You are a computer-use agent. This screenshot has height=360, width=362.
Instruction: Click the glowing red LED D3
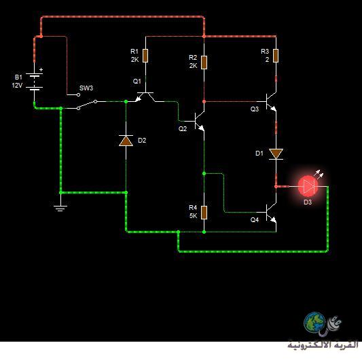(x=308, y=186)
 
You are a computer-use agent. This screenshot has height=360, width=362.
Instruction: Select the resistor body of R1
(x=145, y=56)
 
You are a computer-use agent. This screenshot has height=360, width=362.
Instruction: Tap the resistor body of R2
(x=204, y=62)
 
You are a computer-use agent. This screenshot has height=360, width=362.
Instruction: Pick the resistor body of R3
(x=276, y=56)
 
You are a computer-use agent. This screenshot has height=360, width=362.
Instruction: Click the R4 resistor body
(x=204, y=213)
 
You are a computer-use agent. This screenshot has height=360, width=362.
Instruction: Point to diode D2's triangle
(x=126, y=141)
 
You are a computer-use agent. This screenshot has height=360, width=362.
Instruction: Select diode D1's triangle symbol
(x=276, y=154)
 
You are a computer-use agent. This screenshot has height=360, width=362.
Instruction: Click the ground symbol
(x=60, y=209)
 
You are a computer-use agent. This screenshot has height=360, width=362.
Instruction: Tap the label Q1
(x=137, y=82)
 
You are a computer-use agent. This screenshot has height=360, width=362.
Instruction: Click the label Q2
(x=183, y=128)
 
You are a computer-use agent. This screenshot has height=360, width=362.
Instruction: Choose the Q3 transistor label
(x=255, y=109)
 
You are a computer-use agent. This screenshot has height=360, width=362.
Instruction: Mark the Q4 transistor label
(x=255, y=220)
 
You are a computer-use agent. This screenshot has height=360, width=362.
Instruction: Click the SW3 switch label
(x=86, y=88)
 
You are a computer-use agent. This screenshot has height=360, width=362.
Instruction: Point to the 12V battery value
(x=17, y=86)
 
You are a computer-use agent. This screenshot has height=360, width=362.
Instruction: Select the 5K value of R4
(x=194, y=216)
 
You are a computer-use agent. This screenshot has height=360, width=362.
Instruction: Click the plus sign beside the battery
(x=41, y=69)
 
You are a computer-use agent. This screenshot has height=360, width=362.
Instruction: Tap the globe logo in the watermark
(x=314, y=323)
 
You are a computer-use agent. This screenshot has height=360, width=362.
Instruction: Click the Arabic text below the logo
(x=323, y=345)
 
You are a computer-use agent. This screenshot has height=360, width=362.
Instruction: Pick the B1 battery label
(x=18, y=77)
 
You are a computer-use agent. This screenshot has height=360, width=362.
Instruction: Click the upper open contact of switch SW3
(x=79, y=94)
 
